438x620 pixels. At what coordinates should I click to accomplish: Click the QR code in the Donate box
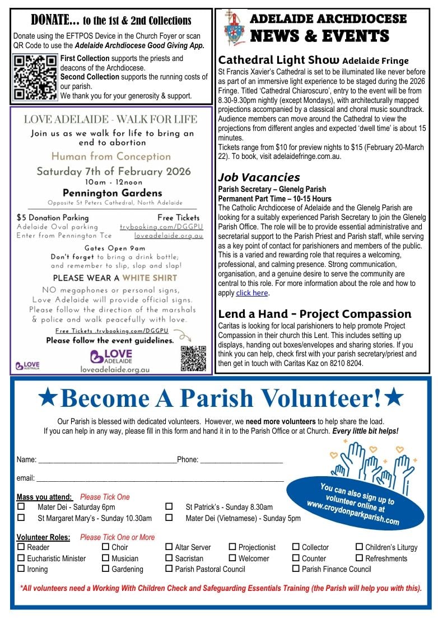(35, 77)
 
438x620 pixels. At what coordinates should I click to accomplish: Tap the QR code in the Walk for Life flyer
(193, 358)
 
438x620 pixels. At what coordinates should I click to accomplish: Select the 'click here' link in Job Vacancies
(251, 293)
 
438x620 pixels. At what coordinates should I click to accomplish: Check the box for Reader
(21, 547)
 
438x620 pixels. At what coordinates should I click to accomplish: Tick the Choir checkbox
(106, 547)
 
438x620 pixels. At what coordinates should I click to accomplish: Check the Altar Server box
(169, 547)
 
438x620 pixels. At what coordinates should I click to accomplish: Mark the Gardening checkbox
(106, 569)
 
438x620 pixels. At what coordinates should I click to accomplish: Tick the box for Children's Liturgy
(360, 547)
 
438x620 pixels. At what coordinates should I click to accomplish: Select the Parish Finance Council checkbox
(296, 569)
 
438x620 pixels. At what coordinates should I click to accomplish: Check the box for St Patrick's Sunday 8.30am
(169, 506)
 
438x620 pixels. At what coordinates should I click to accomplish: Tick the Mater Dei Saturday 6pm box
(21, 506)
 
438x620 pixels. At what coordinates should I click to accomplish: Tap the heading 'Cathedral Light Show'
(278, 60)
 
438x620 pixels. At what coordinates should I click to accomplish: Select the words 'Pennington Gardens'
(113, 193)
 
